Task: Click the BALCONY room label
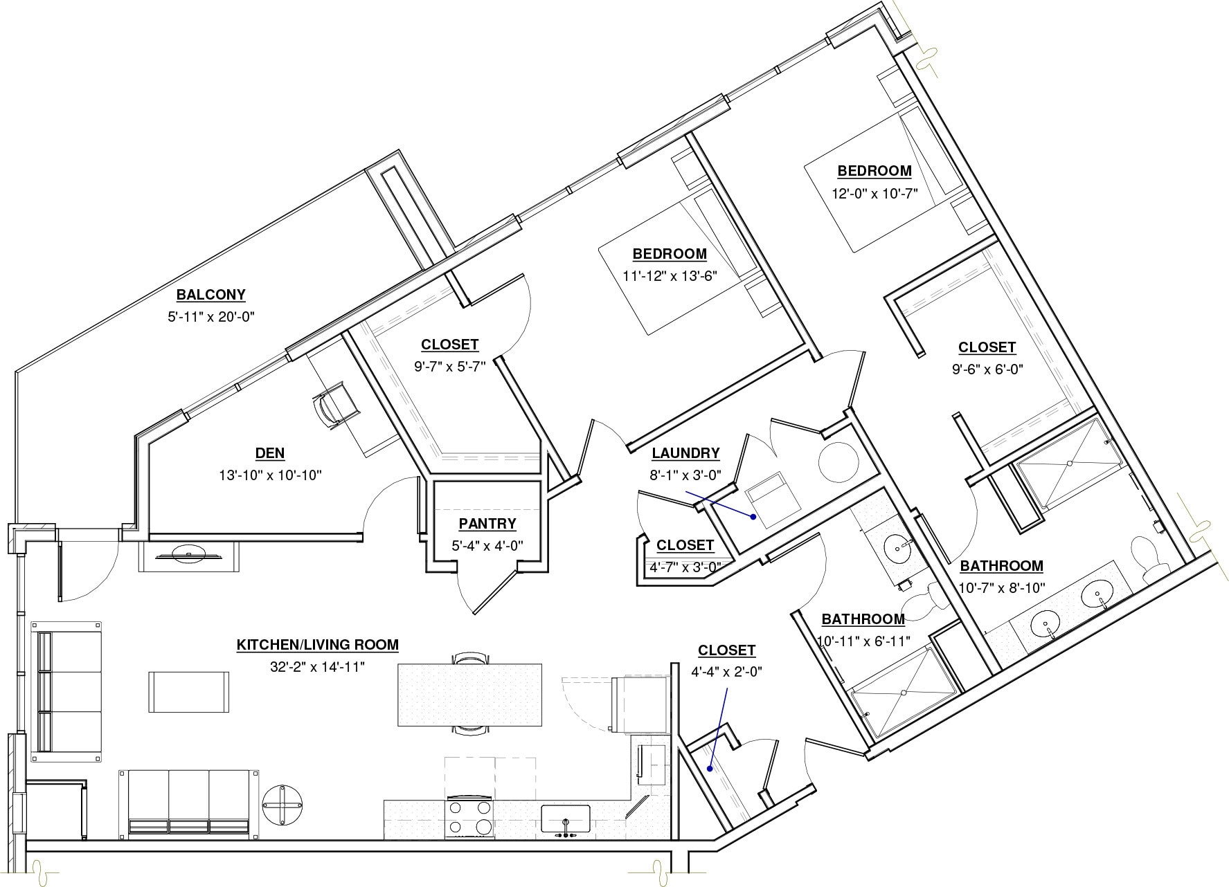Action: point(210,295)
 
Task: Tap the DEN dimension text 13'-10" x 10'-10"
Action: point(269,475)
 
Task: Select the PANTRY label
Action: point(487,524)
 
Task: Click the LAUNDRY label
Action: point(685,453)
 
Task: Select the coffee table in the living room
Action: point(188,692)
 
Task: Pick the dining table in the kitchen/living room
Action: point(469,695)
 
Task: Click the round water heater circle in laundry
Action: point(838,462)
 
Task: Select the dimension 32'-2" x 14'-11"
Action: point(317,667)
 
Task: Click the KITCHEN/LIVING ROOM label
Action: point(318,645)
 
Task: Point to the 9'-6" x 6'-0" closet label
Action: point(987,347)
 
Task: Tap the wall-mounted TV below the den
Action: point(188,555)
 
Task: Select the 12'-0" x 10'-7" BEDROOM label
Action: point(874,170)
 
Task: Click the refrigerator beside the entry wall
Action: point(638,704)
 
